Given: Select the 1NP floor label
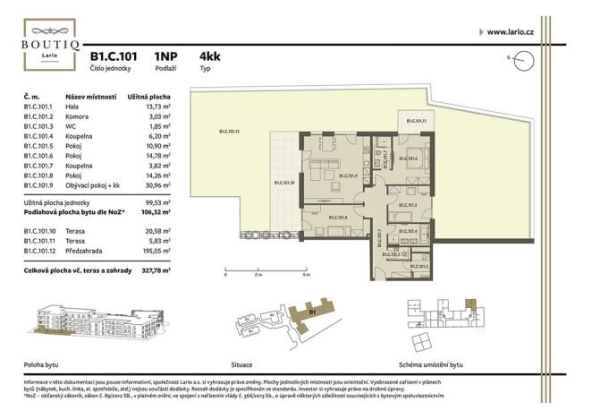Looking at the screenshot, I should point(165,55).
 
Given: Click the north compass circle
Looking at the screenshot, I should point(525,60).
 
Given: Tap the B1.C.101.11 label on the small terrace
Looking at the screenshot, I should point(417,121).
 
